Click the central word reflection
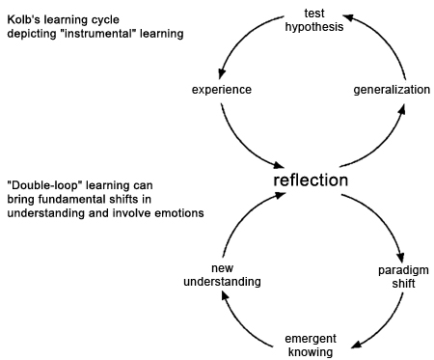(x=311, y=180)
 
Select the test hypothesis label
(x=313, y=20)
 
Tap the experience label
(x=222, y=90)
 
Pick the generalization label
(x=390, y=90)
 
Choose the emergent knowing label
(x=310, y=345)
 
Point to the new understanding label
(x=221, y=275)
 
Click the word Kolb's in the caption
(x=25, y=19)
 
